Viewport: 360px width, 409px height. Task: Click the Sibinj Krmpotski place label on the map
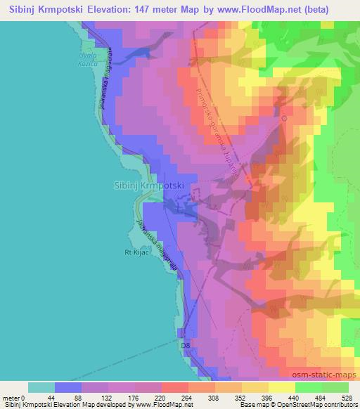point(148,186)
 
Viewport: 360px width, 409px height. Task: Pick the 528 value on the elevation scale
point(347,397)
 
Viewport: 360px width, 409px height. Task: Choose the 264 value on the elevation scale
point(186,397)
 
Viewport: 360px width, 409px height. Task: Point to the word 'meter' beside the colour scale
point(11,397)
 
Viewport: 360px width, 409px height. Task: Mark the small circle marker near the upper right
point(284,119)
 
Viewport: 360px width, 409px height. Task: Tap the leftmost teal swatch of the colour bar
point(41,387)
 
